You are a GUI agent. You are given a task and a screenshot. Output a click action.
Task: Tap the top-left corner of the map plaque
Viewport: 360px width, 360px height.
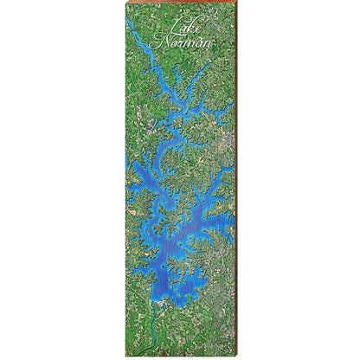click(x=125, y=15)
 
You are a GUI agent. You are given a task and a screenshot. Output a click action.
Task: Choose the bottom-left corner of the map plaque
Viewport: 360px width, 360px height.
click(x=125, y=344)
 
